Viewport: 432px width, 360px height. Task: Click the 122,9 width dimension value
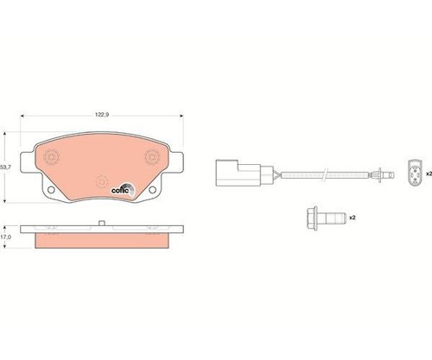[102, 115]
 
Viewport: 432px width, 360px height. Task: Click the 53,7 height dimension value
[5, 167]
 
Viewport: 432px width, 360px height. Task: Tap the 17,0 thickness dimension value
[5, 237]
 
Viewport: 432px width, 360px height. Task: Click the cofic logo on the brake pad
[123, 190]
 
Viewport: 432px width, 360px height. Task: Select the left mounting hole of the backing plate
[51, 189]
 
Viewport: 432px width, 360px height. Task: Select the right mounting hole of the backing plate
[152, 189]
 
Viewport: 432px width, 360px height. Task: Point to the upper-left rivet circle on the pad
[51, 157]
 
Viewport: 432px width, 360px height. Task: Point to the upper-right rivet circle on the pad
[152, 157]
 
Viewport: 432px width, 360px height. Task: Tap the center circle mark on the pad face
[102, 181]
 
